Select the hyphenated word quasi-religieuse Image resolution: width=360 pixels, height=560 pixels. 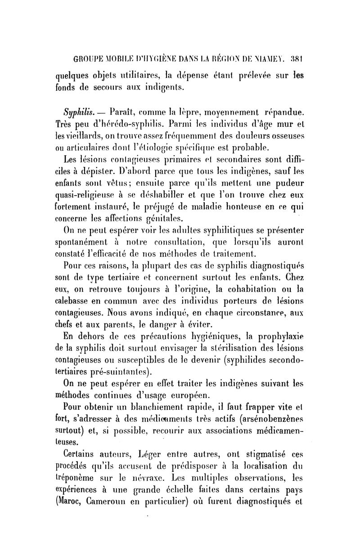[90, 193]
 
